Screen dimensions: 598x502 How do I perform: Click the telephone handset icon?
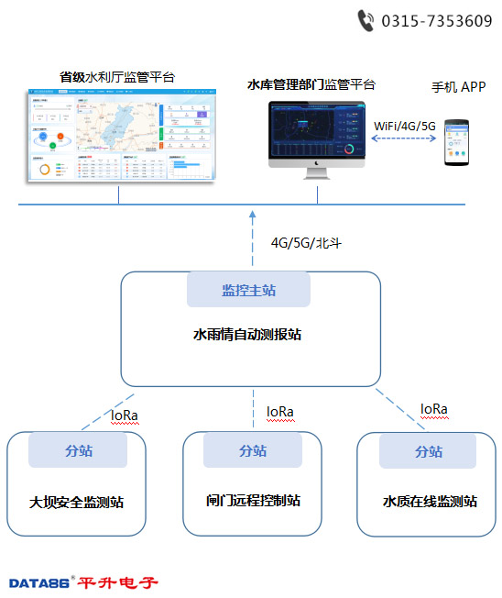click(366, 20)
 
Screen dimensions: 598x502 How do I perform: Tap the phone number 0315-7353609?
click(436, 21)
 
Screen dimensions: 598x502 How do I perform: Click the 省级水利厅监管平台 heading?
click(117, 77)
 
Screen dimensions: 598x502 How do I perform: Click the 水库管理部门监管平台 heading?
click(311, 84)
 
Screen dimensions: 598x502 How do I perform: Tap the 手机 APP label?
click(458, 87)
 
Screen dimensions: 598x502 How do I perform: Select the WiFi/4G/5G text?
click(405, 125)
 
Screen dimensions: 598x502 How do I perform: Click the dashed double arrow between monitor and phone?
click(404, 139)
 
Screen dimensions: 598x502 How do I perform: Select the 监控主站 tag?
click(248, 291)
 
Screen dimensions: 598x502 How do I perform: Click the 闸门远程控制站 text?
click(253, 501)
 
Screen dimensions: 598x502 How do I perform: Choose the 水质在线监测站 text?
click(430, 502)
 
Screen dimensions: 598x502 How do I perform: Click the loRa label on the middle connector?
click(279, 412)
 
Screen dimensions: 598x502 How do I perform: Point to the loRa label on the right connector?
click(433, 408)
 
